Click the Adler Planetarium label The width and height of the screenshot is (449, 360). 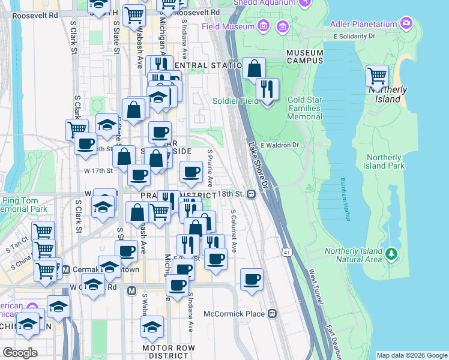(364, 24)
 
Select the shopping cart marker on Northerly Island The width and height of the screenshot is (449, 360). (377, 76)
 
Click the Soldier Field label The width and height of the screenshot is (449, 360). (235, 101)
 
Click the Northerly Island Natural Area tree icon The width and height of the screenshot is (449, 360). (392, 254)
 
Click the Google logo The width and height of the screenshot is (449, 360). (20, 352)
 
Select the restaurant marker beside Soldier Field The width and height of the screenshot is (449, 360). (267, 89)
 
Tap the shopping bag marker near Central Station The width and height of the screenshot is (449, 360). (255, 68)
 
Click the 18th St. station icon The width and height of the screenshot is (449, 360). (252, 194)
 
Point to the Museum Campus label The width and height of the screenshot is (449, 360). (304, 57)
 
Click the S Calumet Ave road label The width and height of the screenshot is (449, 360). (234, 231)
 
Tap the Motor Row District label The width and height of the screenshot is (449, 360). (166, 352)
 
